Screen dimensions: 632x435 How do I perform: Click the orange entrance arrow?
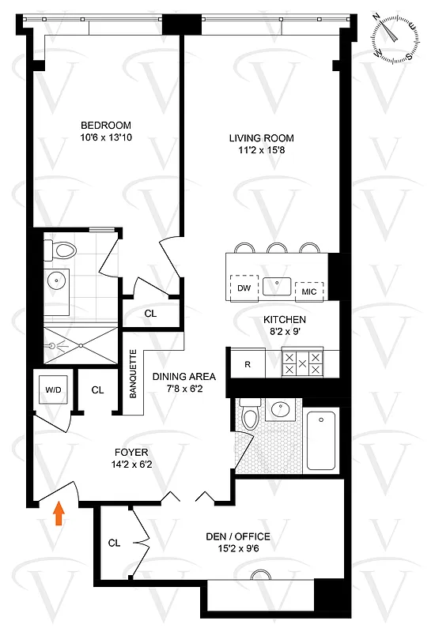click(58, 515)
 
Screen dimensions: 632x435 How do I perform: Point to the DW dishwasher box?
click(244, 288)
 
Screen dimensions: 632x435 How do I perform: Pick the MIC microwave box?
click(309, 291)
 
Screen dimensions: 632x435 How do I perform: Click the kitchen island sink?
click(277, 285)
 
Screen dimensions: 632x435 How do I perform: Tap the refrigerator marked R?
click(248, 364)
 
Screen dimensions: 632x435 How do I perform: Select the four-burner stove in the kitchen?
click(302, 363)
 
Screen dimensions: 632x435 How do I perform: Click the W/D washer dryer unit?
click(55, 389)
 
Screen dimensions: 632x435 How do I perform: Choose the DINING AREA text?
click(183, 377)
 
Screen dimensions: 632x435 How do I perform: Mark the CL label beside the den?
click(114, 543)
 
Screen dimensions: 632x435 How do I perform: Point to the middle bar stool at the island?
click(277, 247)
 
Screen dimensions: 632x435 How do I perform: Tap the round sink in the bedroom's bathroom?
click(56, 279)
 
